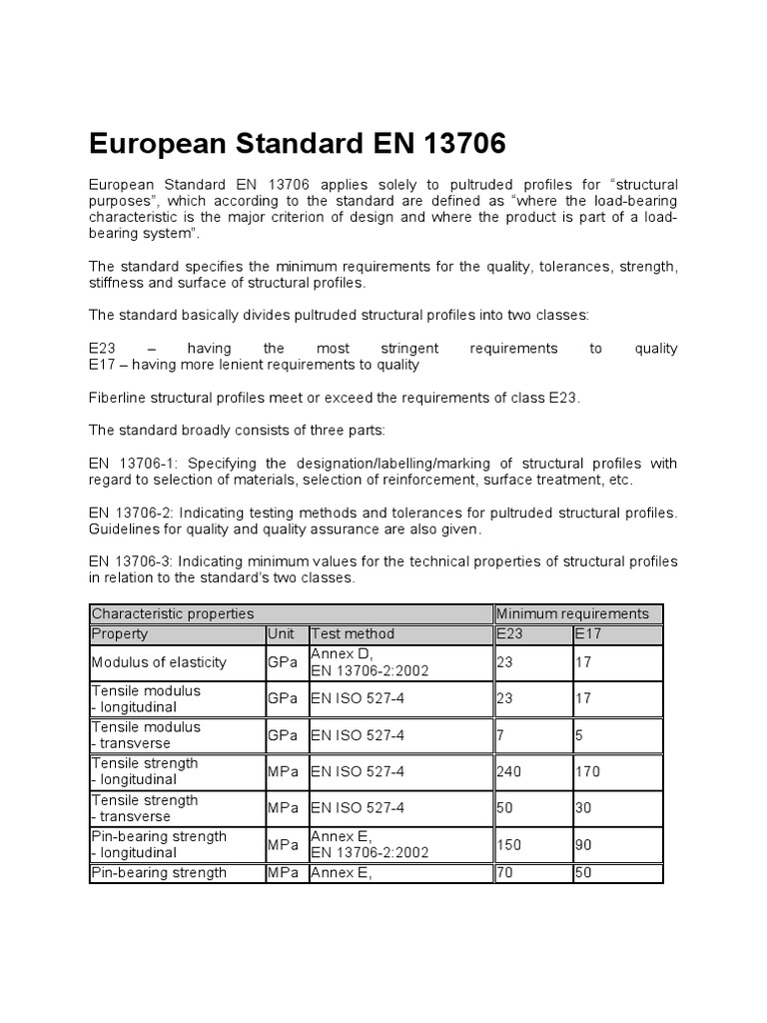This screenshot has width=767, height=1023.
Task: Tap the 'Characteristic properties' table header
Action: tap(173, 613)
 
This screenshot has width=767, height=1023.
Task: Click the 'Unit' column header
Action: tap(281, 633)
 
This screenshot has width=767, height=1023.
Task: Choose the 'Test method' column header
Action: tap(353, 633)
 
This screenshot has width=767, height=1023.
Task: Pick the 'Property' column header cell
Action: tap(120, 633)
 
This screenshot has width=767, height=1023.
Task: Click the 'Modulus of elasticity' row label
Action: tap(159, 662)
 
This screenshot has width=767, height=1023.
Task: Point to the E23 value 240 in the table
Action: tap(508, 771)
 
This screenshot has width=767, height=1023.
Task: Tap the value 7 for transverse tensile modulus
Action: tap(500, 735)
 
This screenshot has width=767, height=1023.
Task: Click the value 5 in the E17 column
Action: tap(578, 735)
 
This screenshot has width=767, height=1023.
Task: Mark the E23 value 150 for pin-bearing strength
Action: tap(508, 845)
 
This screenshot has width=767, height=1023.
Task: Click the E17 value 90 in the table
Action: tap(582, 845)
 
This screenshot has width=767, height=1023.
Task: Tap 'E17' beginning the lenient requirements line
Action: tap(102, 365)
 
